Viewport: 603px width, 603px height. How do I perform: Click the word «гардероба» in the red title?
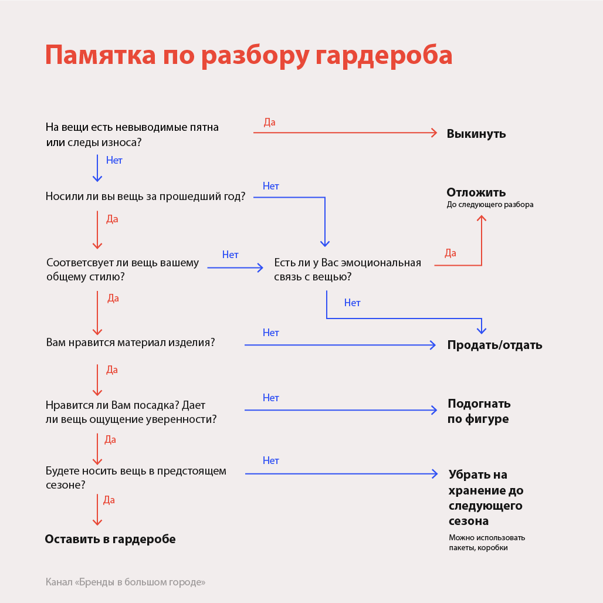click(384, 55)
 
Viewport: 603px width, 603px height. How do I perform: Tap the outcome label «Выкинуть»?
click(476, 134)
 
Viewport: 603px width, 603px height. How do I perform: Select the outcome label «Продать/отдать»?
click(494, 345)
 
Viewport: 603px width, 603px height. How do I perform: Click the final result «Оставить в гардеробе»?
click(110, 539)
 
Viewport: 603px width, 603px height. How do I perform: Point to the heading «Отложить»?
click(476, 192)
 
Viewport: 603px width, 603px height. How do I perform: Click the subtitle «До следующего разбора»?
click(490, 205)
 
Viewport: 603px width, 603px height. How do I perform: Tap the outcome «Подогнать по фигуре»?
click(479, 411)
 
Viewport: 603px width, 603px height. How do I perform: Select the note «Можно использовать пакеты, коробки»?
click(486, 543)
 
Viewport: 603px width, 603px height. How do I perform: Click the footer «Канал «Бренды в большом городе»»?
click(126, 582)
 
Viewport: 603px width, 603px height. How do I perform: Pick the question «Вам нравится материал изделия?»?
click(130, 343)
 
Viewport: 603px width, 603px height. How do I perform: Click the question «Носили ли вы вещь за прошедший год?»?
click(145, 197)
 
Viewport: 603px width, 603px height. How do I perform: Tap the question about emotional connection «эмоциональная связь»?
click(347, 270)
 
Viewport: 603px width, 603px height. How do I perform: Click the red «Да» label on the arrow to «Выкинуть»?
click(269, 123)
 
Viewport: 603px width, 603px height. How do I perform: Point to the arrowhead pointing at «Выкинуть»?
click(435, 133)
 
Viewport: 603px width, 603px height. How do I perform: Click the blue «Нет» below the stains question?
click(114, 160)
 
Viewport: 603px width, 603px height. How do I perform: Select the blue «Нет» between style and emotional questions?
click(230, 255)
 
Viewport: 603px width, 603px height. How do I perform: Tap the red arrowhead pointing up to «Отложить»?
click(482, 218)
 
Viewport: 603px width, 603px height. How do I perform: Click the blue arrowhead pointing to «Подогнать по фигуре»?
click(435, 409)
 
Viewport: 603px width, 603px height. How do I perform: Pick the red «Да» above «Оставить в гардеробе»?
click(109, 500)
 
